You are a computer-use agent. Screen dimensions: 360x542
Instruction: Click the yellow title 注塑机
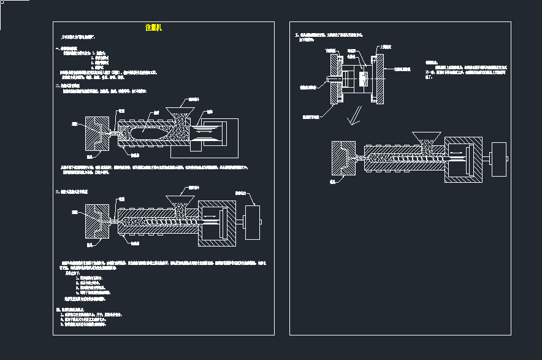[x=153, y=28]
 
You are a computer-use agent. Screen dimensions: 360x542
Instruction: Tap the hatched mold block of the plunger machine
[x=95, y=134]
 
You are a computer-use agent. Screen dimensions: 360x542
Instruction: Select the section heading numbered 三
[x=72, y=191]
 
